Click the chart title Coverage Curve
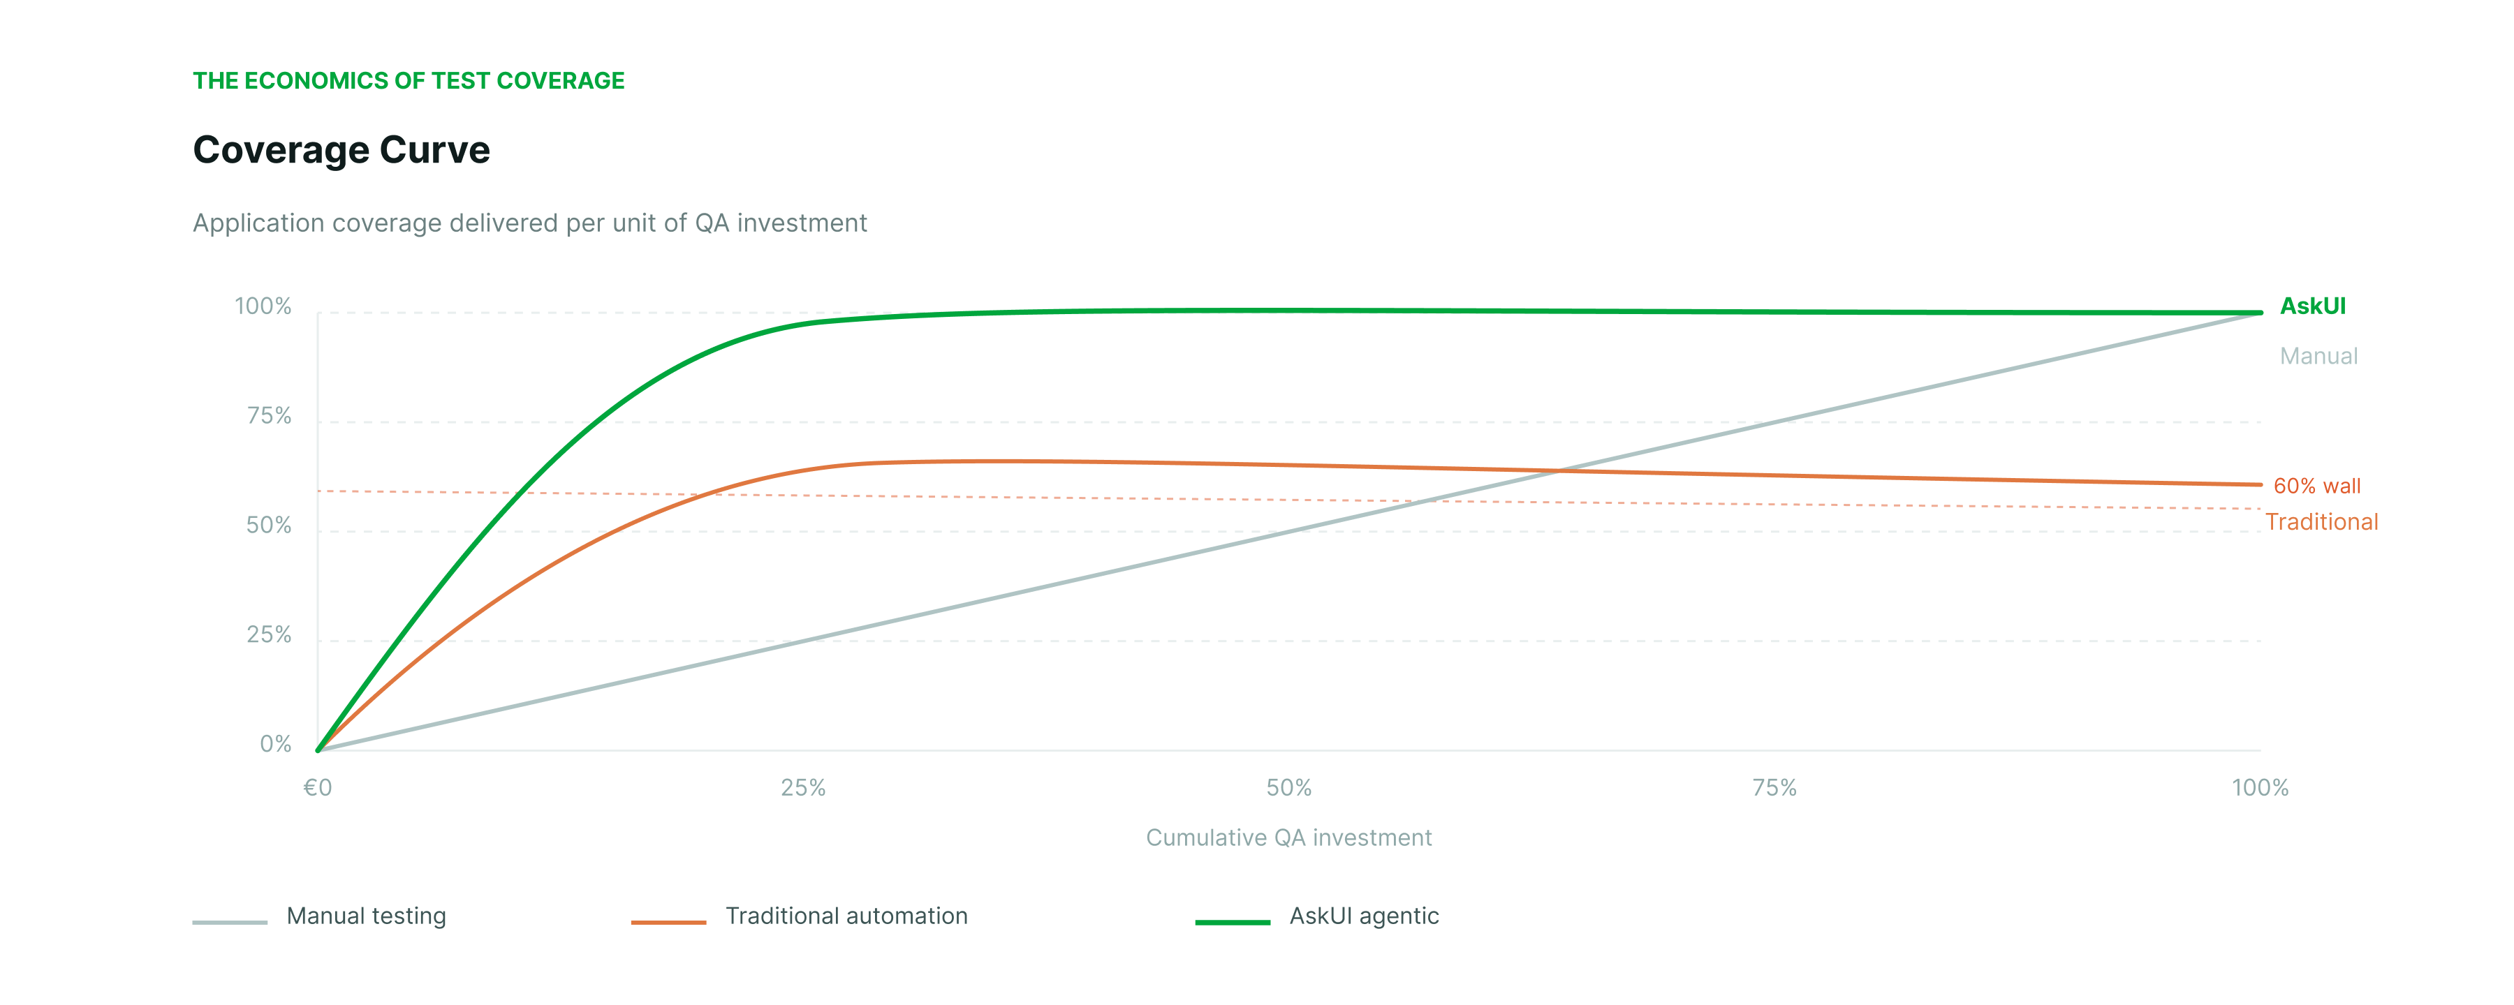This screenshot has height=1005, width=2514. click(341, 150)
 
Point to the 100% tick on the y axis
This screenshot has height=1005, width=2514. click(263, 306)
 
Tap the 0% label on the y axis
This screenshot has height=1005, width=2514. click(275, 745)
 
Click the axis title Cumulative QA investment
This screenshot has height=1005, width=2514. click(1288, 838)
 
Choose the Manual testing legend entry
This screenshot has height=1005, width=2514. click(365, 916)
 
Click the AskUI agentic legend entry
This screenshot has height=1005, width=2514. click(1362, 916)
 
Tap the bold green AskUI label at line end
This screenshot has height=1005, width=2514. click(2312, 306)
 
